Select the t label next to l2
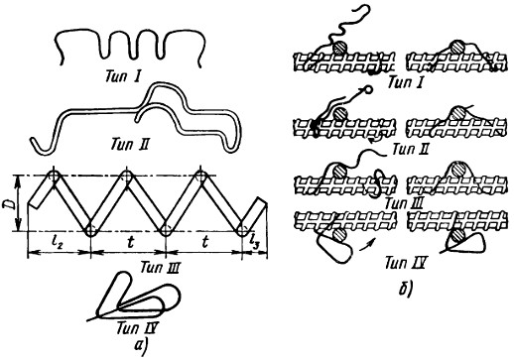pos(130,242)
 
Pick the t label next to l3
pos(204,242)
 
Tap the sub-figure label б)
pos(405,290)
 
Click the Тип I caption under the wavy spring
pos(123,77)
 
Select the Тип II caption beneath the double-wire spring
pos(129,145)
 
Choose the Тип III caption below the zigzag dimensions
pos(160,267)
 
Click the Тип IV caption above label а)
pos(136,328)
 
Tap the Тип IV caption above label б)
pos(405,263)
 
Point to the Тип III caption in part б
pos(404,203)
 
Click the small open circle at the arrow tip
pos(368,89)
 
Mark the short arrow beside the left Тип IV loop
pos(367,245)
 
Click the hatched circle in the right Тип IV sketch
pos(458,236)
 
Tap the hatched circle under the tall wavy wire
pos(339,48)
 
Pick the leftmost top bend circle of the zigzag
pos(55,176)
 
